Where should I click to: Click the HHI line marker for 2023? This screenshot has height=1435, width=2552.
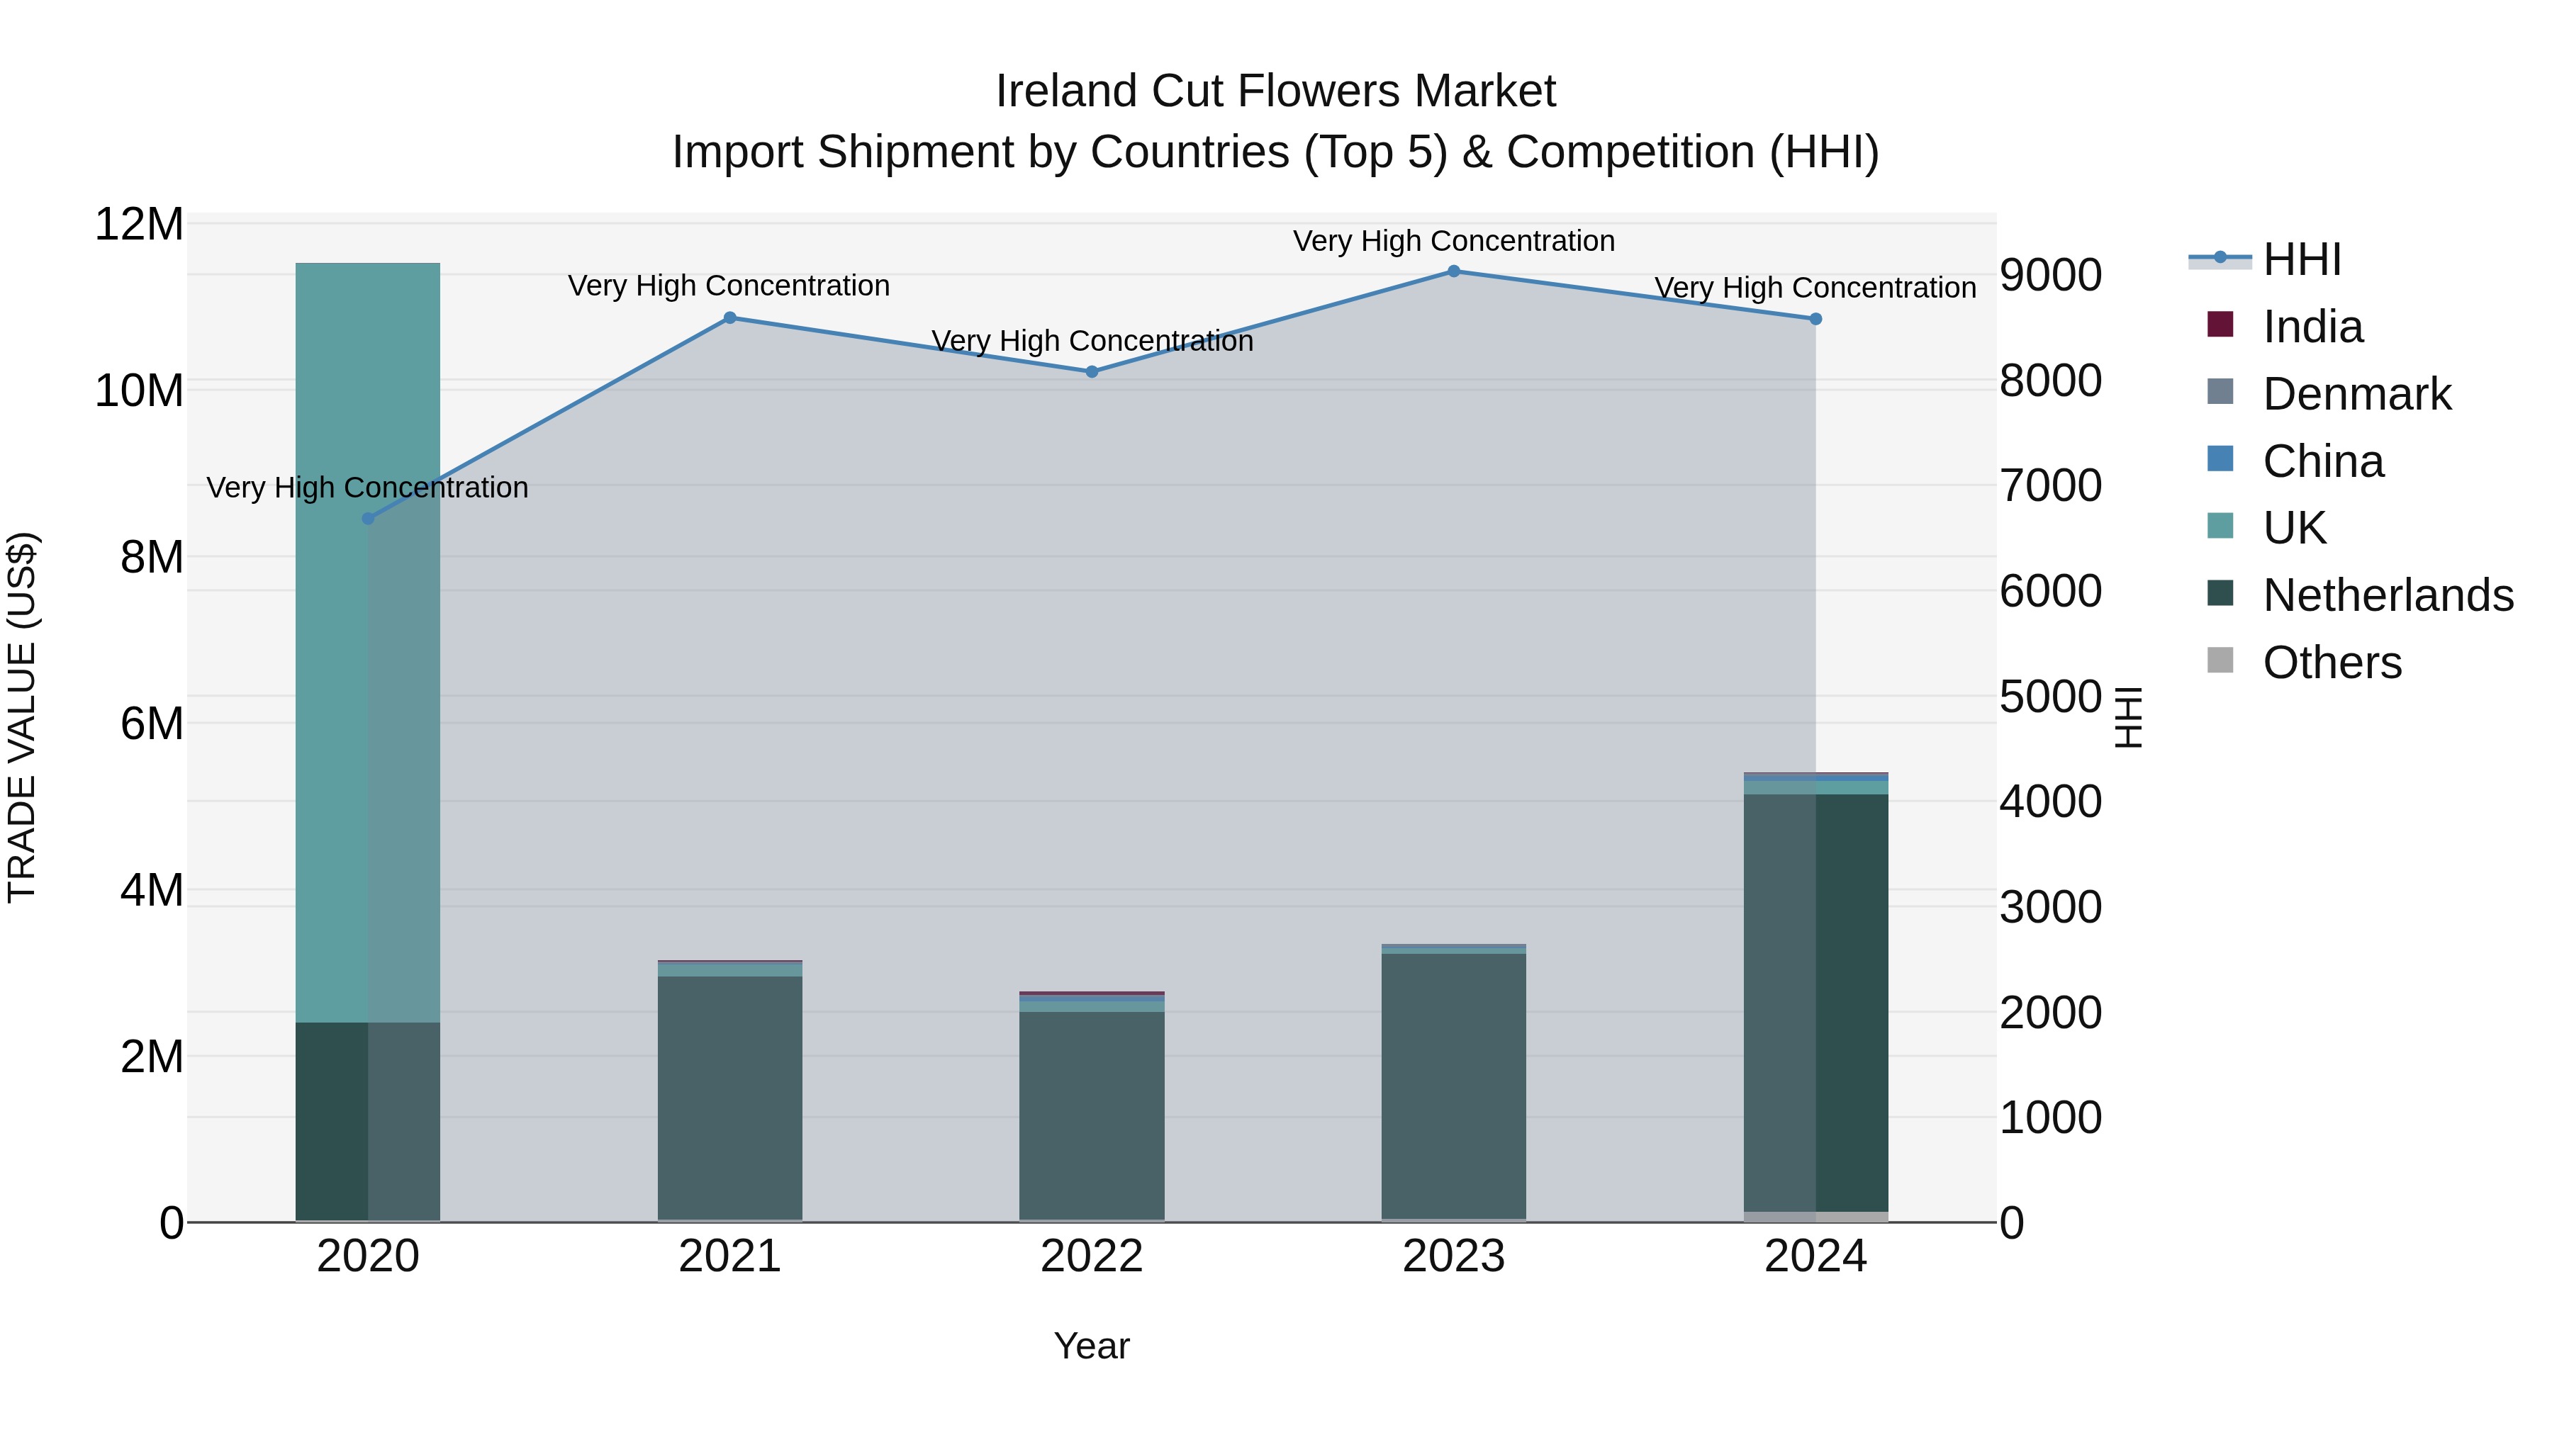pos(1453,271)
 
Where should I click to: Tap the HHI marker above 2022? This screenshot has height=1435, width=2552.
pos(1092,371)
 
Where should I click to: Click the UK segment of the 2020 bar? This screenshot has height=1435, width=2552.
pos(367,643)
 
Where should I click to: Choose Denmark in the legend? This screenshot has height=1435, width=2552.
pos(2356,394)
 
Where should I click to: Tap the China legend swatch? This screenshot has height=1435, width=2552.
pos(2220,459)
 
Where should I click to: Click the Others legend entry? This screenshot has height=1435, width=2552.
pos(2331,663)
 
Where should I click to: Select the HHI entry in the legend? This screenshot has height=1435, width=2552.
pos(2301,259)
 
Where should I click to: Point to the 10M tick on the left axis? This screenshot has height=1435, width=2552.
pos(139,390)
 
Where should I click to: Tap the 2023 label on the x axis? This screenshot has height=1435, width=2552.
pos(1453,1256)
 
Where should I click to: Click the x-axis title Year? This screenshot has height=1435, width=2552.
pos(1091,1346)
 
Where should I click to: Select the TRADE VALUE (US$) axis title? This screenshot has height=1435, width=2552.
pos(22,717)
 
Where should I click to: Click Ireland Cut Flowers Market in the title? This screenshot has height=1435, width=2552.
pos(1275,91)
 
